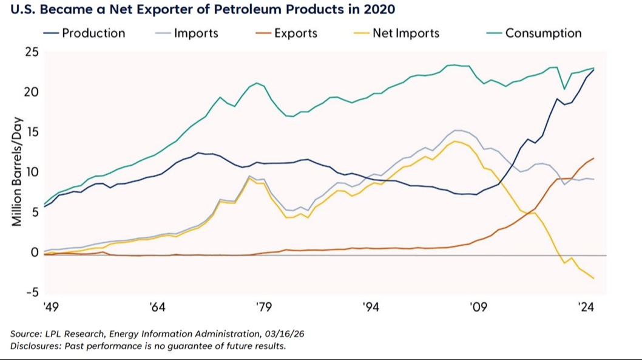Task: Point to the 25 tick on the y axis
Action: click(32, 53)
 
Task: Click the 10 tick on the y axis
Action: click(32, 172)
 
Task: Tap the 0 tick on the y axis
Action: click(35, 252)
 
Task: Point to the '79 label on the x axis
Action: click(264, 307)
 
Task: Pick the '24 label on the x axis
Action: click(586, 307)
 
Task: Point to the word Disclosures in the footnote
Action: click(35, 346)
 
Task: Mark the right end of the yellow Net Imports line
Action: click(593, 279)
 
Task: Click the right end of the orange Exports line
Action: click(593, 158)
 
